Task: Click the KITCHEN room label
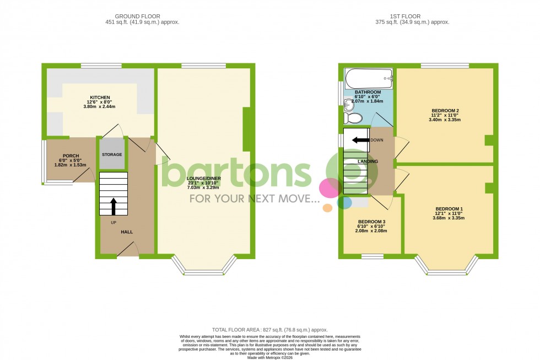tap(100, 98)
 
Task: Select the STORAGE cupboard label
tap(112, 154)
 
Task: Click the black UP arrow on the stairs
tap(114, 206)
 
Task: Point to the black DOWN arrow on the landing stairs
tap(361, 140)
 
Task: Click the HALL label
tap(127, 232)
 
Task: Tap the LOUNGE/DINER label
tap(204, 179)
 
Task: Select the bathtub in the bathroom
tap(368, 78)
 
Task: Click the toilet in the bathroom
tap(353, 118)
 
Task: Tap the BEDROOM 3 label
tap(372, 222)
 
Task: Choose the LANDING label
tap(368, 161)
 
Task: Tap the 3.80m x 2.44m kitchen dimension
tap(100, 107)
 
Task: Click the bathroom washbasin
tap(347, 105)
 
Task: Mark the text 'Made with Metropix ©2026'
tap(269, 357)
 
